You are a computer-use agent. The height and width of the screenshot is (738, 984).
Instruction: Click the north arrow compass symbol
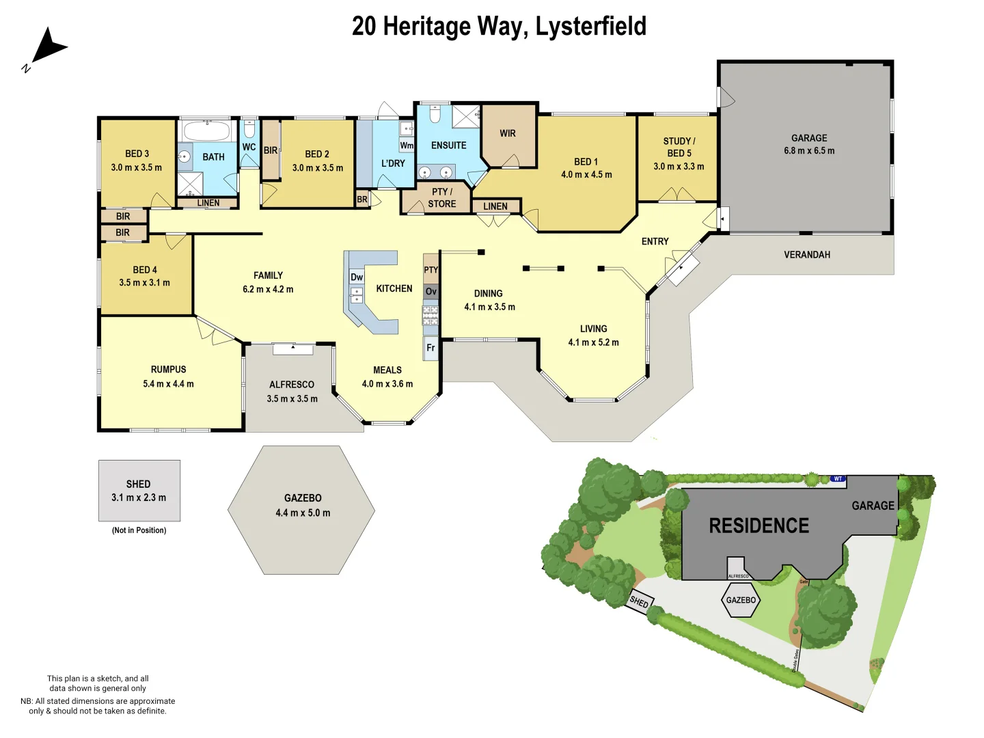tap(46, 47)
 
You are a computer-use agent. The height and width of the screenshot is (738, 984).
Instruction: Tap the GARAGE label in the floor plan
tap(809, 138)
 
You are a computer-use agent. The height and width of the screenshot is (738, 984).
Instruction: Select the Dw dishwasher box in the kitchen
tap(357, 277)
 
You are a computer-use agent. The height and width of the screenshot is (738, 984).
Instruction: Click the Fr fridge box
tap(430, 348)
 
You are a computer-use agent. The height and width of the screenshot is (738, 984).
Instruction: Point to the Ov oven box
tap(430, 292)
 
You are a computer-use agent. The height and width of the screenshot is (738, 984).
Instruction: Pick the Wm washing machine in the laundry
tap(407, 146)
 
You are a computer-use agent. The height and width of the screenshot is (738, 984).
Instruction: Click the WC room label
tap(249, 147)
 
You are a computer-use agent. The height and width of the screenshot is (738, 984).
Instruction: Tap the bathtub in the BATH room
tap(207, 131)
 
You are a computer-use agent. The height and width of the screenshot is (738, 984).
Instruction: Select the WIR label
tap(508, 133)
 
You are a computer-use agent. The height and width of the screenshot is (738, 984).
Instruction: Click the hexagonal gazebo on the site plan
tap(741, 601)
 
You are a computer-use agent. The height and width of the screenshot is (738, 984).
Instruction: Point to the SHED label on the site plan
tap(640, 602)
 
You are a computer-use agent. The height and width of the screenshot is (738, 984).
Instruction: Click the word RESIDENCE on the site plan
tap(758, 525)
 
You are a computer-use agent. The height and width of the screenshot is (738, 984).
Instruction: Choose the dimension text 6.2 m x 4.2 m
tap(268, 289)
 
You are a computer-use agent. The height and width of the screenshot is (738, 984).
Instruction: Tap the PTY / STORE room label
tap(441, 197)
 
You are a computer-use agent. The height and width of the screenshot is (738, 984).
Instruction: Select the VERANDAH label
tap(807, 254)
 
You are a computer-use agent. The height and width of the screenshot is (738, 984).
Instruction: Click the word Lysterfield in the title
tap(590, 26)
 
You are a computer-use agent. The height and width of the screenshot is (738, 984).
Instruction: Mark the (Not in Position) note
tap(139, 530)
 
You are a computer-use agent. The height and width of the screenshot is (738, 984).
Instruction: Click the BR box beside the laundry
tap(362, 200)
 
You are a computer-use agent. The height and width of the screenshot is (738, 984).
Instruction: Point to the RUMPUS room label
tap(168, 369)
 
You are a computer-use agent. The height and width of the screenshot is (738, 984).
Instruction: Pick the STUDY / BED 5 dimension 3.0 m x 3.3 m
tap(679, 166)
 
